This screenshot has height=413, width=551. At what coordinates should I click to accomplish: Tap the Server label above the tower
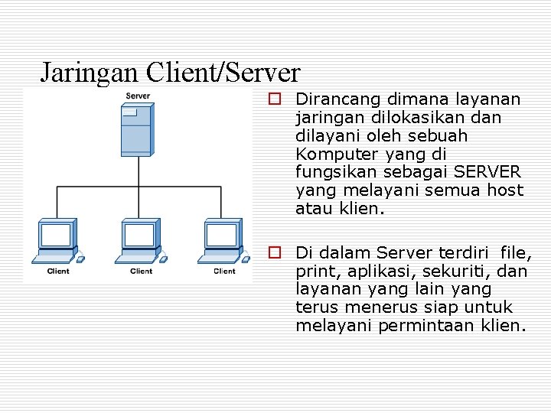pyautogui.click(x=138, y=96)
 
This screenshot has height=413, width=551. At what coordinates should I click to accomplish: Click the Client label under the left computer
pyautogui.click(x=57, y=271)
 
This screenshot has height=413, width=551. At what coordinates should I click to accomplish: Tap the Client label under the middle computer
pyautogui.click(x=141, y=271)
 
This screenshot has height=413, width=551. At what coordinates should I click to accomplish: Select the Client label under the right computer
pyautogui.click(x=224, y=271)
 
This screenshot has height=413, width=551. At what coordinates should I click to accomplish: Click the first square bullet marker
pyautogui.click(x=272, y=99)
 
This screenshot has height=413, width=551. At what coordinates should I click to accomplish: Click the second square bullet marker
pyautogui.click(x=272, y=252)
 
